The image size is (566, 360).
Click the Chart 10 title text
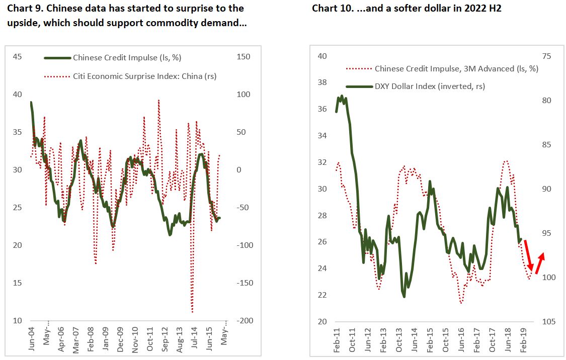(407, 9)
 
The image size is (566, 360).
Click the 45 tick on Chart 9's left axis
(17, 57)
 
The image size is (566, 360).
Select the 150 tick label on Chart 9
(244, 57)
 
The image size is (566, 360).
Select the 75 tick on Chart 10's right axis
(546, 56)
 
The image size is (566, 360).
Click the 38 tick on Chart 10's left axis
(322, 82)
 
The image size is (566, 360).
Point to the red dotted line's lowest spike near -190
(192, 312)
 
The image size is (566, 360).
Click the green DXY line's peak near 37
(342, 96)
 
